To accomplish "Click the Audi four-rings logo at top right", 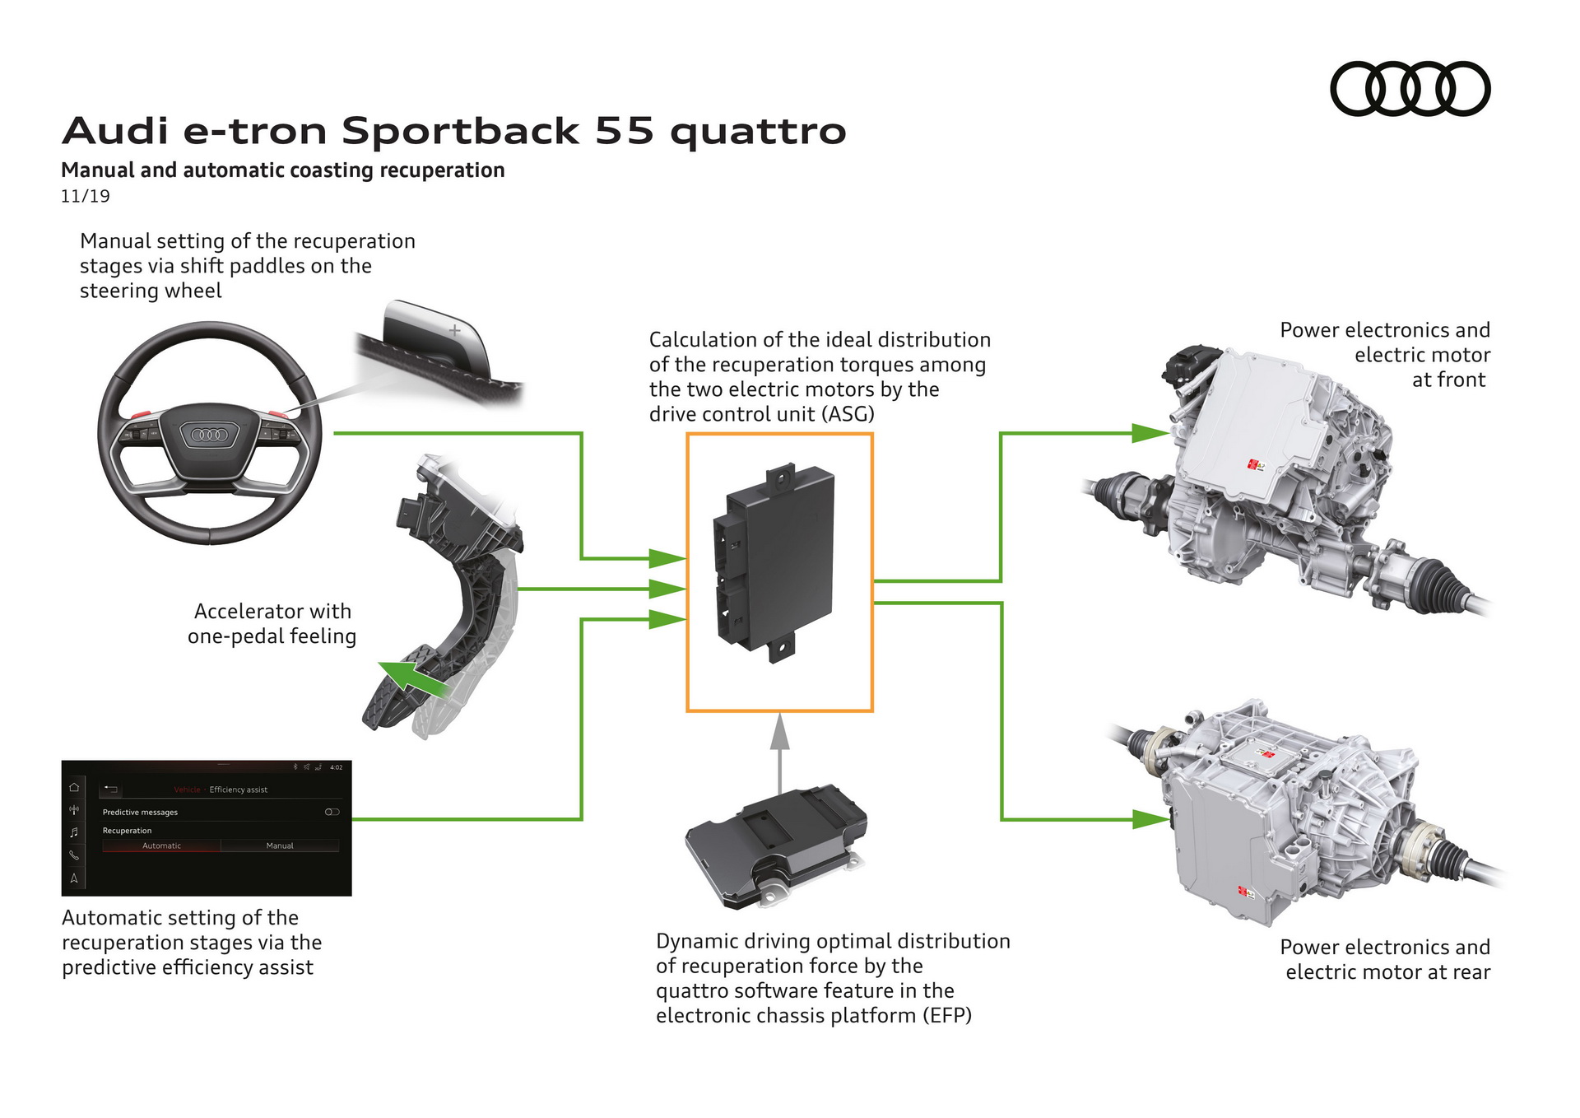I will (1410, 89).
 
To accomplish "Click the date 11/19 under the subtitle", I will (85, 197).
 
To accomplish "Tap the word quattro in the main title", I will (758, 132).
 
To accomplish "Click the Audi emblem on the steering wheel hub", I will (209, 434).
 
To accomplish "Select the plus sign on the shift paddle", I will (453, 330).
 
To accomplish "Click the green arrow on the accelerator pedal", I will (411, 678).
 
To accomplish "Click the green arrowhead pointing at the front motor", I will (1149, 433).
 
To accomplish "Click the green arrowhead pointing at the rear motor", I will (1149, 819).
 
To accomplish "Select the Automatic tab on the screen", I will (161, 845).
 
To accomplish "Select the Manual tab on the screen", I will (280, 845).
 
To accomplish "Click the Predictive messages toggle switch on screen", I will (332, 812).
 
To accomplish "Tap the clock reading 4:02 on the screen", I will (336, 767).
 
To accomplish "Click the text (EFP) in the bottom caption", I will (946, 1016).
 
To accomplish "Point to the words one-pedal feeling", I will (272, 636).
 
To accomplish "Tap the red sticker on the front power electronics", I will (1255, 466).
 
